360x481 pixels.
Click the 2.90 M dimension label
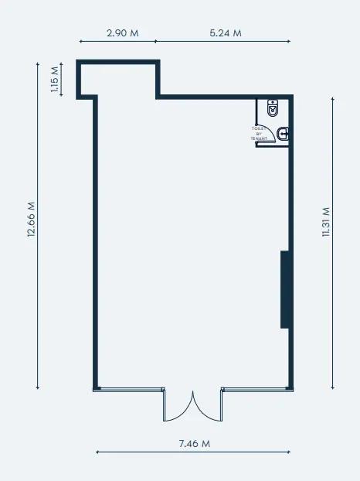pyautogui.click(x=121, y=33)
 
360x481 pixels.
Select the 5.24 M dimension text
pyautogui.click(x=226, y=33)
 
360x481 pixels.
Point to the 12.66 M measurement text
pyautogui.click(x=32, y=221)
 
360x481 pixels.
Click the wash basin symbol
pyautogui.click(x=284, y=134)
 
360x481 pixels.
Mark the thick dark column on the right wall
pyautogui.click(x=284, y=288)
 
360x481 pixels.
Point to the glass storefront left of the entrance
pyautogui.click(x=128, y=389)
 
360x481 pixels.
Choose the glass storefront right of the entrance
pyautogui.click(x=256, y=389)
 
